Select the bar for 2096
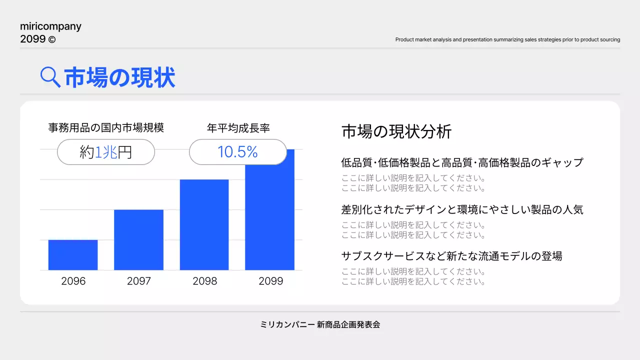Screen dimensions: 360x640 [x=73, y=255]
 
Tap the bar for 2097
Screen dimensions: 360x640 [x=138, y=240]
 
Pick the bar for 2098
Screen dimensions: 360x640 [x=204, y=225]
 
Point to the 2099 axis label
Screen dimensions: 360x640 [x=270, y=281]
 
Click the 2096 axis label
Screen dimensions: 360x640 [x=73, y=281]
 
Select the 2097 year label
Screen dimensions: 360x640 [x=138, y=281]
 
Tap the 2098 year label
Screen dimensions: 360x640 [x=204, y=281]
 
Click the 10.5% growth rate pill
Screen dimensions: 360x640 [x=237, y=152]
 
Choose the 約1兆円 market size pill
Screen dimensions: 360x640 [x=106, y=152]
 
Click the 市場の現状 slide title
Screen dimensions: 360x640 [x=120, y=78]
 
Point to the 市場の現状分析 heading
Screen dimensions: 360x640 [x=396, y=131]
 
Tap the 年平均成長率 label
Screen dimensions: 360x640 [x=238, y=128]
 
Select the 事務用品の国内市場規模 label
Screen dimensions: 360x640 [x=106, y=128]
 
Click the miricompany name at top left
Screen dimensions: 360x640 [x=50, y=26]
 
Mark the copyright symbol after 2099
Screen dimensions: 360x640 [x=52, y=39]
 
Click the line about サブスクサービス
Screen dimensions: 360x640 [x=451, y=256]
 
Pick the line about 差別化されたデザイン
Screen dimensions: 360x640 [x=462, y=209]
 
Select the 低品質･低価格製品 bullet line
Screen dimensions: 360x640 [x=462, y=162]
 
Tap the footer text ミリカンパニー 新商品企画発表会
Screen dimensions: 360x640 [x=320, y=324]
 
